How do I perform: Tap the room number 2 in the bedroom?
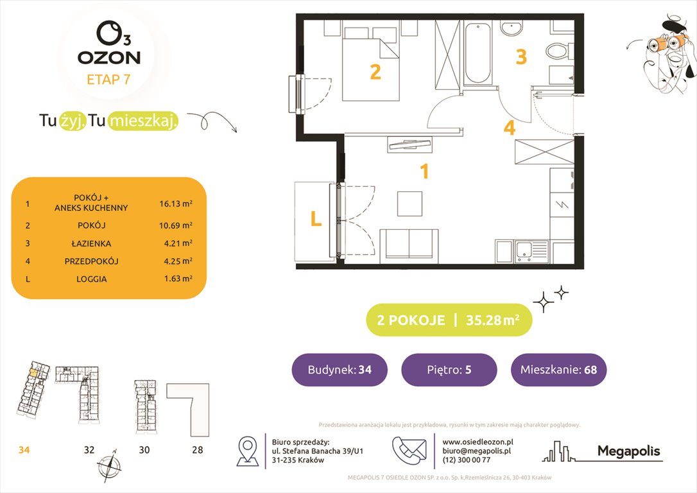click(375, 72)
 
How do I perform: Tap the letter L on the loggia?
click(315, 220)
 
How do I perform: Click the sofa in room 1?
click(409, 244)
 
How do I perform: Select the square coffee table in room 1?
click(409, 203)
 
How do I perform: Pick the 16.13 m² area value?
click(176, 204)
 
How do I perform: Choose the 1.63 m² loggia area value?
click(176, 279)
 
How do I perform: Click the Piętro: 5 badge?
click(449, 370)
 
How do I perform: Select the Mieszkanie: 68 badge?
click(558, 370)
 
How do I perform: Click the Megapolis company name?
click(628, 451)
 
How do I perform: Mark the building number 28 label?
click(196, 450)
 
